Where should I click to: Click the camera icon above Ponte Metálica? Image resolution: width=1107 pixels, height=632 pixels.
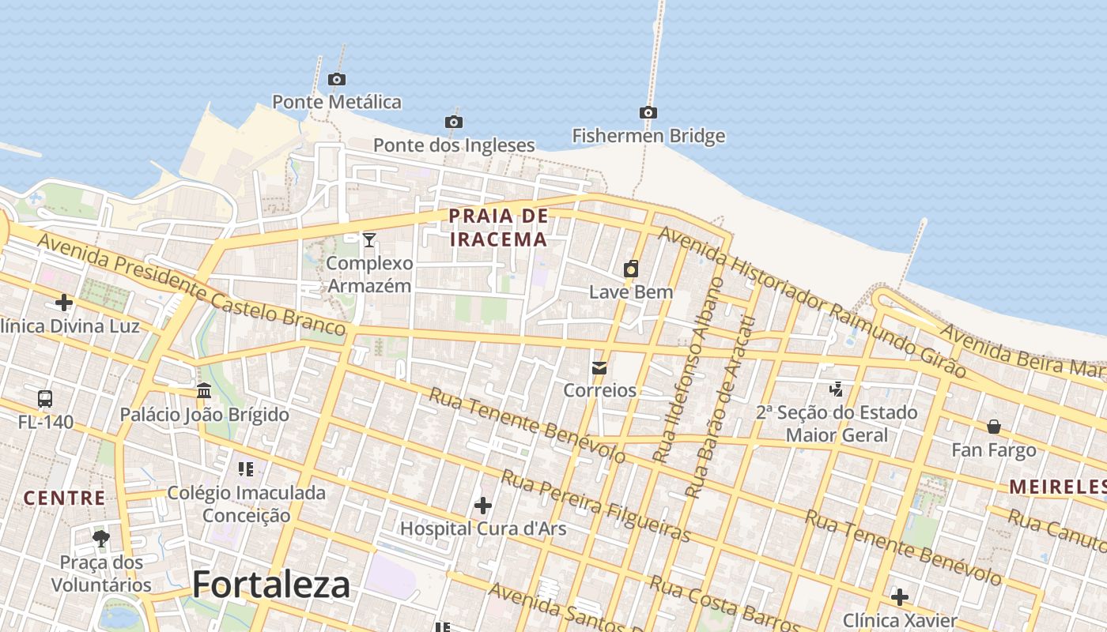337,79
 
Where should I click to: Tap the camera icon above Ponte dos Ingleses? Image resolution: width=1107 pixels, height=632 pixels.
454,122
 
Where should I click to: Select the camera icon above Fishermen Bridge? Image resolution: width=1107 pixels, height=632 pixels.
648,112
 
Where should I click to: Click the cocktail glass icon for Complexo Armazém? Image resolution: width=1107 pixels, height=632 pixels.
369,239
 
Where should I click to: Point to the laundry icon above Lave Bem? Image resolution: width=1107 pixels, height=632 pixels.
631,269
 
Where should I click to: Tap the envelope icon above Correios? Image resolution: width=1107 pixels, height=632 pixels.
599,367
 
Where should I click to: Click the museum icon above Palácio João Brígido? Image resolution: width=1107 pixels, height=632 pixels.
204,391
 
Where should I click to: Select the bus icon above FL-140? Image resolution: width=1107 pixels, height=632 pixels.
45,398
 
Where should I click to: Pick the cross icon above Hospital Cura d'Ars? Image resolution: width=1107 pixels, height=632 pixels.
483,505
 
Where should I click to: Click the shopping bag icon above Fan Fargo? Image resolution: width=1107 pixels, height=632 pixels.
994,427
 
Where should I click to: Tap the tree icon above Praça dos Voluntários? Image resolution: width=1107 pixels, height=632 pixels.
101,539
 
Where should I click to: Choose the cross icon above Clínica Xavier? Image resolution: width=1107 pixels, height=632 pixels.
900,596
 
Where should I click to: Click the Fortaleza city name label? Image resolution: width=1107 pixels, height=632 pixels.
271,585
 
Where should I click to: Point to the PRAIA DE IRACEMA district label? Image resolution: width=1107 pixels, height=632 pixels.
498,228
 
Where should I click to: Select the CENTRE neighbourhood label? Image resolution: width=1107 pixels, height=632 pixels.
64,498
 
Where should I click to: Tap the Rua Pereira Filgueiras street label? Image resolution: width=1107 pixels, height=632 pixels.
596,506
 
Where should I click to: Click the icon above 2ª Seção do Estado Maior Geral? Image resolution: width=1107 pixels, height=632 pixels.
836,389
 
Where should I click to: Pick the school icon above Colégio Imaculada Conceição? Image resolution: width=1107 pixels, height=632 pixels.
246,469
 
